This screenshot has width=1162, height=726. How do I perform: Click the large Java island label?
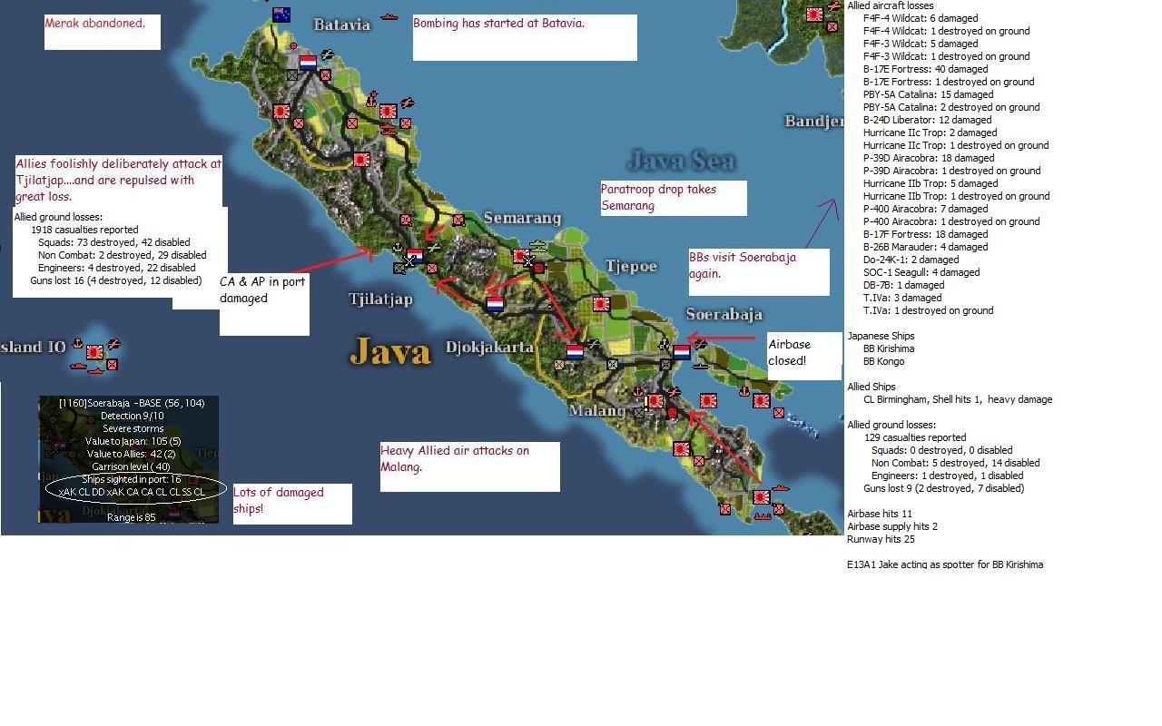tap(389, 351)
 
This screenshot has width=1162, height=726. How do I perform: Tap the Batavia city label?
tap(342, 25)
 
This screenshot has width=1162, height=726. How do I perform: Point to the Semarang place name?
tap(522, 218)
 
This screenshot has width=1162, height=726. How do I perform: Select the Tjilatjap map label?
tap(380, 299)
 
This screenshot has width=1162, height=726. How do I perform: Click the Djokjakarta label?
tap(489, 347)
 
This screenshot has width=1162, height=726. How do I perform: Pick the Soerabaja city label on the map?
tap(724, 314)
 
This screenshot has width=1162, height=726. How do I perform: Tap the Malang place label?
tap(596, 410)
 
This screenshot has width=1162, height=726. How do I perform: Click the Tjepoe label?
tap(631, 266)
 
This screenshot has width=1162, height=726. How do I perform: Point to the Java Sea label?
tap(681, 162)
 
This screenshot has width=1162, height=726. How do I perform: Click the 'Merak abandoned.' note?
tap(95, 24)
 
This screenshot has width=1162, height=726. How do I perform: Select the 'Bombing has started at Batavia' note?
tap(499, 24)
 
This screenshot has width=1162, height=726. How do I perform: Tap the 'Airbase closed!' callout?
tap(790, 352)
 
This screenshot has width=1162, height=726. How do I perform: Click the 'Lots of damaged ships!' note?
tap(279, 500)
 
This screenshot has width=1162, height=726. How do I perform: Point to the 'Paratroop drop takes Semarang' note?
tap(658, 197)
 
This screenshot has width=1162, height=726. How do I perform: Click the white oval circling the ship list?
tap(132, 491)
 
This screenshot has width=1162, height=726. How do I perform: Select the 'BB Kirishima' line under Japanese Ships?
tap(889, 348)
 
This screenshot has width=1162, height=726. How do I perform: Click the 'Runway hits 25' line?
tap(881, 539)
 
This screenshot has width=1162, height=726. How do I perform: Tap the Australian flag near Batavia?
tap(281, 15)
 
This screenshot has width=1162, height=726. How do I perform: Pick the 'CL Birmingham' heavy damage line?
tap(958, 399)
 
